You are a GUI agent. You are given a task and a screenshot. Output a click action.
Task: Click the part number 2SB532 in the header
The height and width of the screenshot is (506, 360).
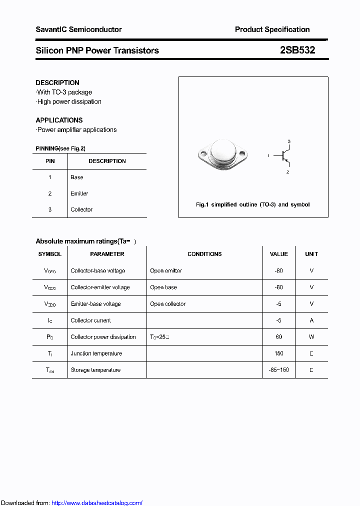297,50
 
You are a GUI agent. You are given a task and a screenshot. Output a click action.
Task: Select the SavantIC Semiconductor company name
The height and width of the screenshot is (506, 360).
78,29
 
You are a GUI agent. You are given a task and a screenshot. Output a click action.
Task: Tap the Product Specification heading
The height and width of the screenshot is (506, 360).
272,29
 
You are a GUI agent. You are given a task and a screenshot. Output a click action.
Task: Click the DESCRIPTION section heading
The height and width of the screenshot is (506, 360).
57,82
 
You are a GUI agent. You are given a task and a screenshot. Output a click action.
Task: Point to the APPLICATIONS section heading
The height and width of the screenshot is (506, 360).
59,120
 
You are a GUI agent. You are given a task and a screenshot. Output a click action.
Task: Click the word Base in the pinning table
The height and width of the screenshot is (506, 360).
77,177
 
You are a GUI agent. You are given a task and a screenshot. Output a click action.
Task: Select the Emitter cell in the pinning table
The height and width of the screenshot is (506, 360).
79,193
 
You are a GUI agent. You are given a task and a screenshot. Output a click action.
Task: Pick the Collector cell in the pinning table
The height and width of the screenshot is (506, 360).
81,209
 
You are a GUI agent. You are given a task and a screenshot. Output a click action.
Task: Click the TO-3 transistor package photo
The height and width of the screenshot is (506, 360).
221,154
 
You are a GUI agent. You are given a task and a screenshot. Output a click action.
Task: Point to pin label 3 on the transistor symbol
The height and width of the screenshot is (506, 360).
288,141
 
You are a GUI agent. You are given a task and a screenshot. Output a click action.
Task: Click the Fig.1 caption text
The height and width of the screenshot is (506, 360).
252,204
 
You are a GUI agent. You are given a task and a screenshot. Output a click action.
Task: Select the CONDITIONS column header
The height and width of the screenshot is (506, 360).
204,254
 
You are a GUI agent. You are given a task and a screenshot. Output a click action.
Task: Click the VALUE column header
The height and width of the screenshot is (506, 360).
278,254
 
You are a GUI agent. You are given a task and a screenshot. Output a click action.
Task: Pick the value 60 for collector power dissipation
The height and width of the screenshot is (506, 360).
278,337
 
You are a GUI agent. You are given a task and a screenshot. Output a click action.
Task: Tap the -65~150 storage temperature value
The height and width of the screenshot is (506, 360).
278,370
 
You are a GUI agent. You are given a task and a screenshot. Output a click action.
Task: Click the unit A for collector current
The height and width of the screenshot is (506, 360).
311,320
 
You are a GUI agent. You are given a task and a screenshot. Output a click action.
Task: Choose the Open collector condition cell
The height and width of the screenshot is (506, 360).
167,304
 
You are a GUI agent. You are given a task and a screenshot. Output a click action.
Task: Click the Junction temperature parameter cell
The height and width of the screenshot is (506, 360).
96,353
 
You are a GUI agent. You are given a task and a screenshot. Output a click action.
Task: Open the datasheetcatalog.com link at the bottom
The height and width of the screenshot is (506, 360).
97,503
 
